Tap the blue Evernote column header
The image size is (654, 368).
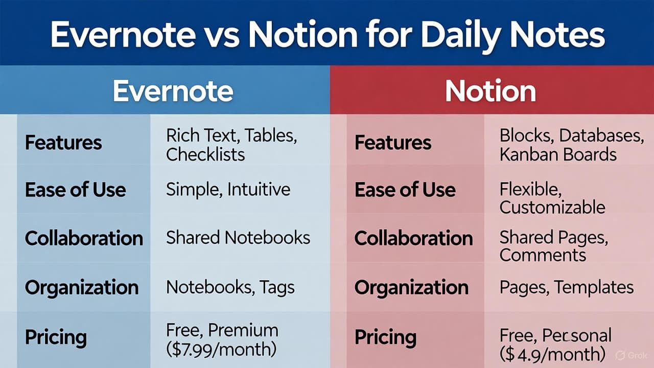point(173,91)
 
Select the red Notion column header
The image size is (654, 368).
point(491,91)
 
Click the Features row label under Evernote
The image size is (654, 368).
point(63,143)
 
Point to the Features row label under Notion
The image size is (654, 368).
point(393,143)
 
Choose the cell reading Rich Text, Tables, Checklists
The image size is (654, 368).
point(231,145)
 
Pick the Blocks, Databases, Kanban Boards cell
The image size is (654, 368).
point(572,145)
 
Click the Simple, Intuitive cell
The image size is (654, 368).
point(228,189)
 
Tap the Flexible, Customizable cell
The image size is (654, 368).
point(552,198)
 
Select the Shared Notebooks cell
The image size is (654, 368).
point(238,237)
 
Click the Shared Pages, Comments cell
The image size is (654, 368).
point(553,246)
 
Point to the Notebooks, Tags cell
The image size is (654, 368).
point(230,287)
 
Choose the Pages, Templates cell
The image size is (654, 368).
point(567,287)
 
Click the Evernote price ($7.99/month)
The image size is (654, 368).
point(221,350)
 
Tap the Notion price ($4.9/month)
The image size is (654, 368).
point(552,354)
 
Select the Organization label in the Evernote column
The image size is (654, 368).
point(82,287)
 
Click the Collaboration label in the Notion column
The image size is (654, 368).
point(413,238)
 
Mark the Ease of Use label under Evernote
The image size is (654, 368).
point(75,190)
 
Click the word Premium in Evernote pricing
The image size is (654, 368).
point(243,330)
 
